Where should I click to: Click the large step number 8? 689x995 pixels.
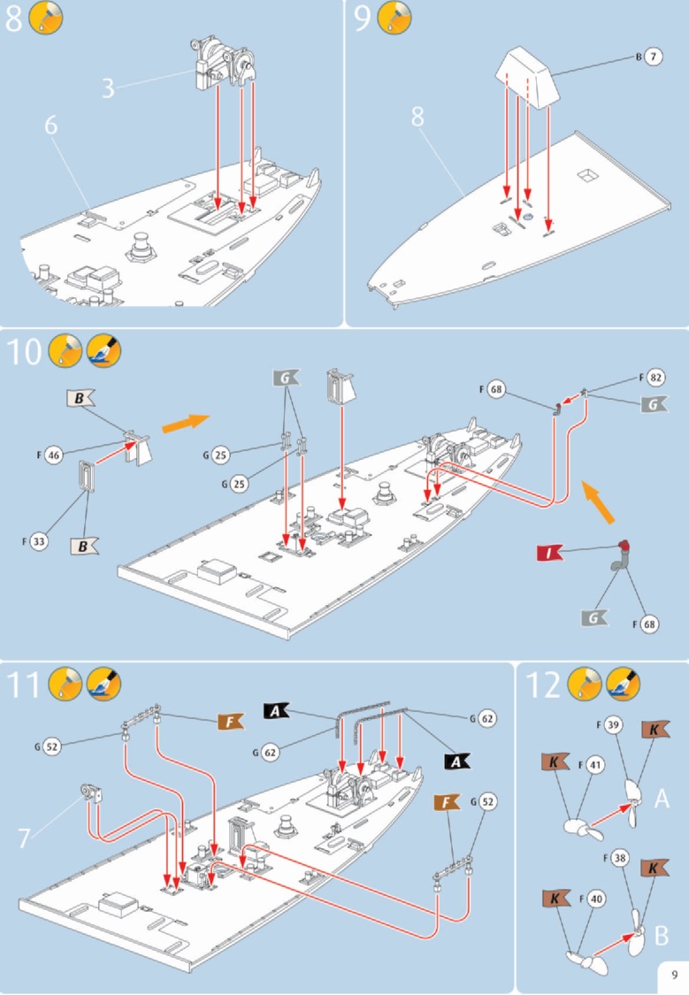(14, 20)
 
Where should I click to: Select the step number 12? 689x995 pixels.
(542, 685)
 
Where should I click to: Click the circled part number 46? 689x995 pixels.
(54, 455)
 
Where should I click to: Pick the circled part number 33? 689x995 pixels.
(38, 540)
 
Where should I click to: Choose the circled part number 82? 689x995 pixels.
(655, 378)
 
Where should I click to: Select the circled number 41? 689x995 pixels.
(594, 764)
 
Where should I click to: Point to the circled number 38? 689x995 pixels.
(620, 857)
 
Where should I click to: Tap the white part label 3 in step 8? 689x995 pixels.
(107, 88)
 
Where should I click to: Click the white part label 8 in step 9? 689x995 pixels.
(417, 117)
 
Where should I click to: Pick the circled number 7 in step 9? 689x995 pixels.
(652, 57)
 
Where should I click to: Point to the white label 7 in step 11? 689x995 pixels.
(26, 835)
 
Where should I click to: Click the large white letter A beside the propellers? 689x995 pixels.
(662, 800)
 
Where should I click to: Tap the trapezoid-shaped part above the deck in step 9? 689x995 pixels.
(529, 77)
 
